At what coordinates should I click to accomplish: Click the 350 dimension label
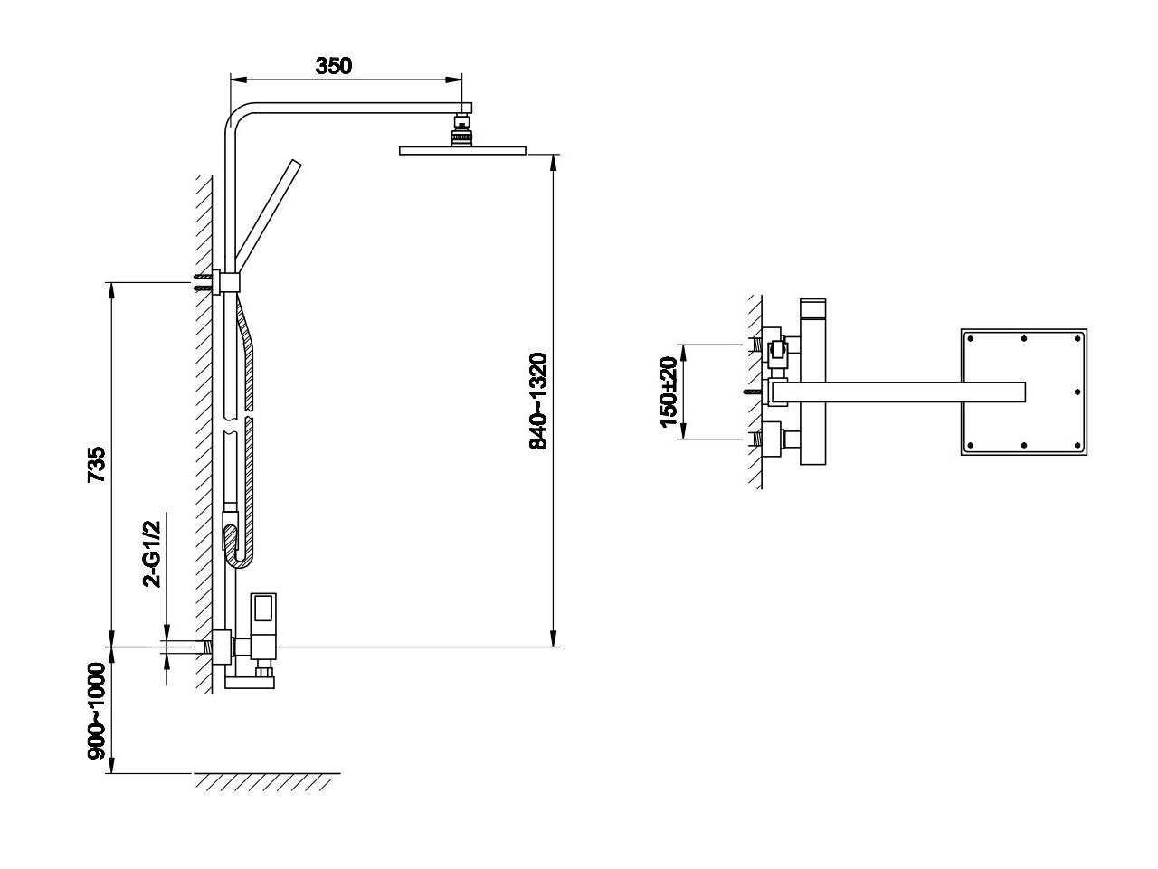click(x=333, y=66)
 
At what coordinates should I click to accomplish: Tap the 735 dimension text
click(x=97, y=465)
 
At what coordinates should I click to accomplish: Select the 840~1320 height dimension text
click(x=538, y=401)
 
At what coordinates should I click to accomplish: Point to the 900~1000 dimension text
click(x=97, y=711)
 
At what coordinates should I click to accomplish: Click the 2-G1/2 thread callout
click(x=152, y=553)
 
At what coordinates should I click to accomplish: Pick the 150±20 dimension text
click(x=669, y=392)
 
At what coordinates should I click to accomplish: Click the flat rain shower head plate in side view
click(x=462, y=151)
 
